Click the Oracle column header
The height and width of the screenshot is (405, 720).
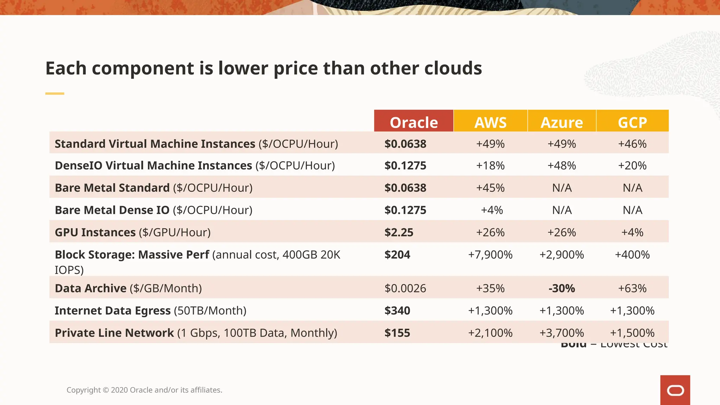(x=413, y=122)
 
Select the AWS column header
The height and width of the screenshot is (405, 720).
(x=490, y=122)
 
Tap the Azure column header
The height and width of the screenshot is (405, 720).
(x=561, y=122)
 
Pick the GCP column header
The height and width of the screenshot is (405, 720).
(x=632, y=122)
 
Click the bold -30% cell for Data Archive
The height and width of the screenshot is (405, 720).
(x=561, y=288)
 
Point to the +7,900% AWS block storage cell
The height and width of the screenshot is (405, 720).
(x=490, y=255)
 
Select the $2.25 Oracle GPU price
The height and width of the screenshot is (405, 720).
(x=399, y=232)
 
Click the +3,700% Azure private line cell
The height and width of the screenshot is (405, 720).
(x=561, y=333)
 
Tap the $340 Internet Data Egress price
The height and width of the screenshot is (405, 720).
(x=397, y=310)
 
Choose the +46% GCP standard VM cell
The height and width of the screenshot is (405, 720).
(x=632, y=144)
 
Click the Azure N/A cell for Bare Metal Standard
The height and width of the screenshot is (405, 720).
(x=562, y=188)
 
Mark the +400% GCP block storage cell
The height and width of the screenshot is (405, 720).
(x=632, y=255)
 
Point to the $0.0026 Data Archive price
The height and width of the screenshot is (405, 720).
(x=405, y=288)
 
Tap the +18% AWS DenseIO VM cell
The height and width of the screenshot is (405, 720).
(x=490, y=166)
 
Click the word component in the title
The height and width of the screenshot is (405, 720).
(x=143, y=69)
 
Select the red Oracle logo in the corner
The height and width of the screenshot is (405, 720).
(x=675, y=390)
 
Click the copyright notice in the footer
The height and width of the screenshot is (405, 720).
(x=144, y=390)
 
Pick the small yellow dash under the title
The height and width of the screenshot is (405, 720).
(x=54, y=94)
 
